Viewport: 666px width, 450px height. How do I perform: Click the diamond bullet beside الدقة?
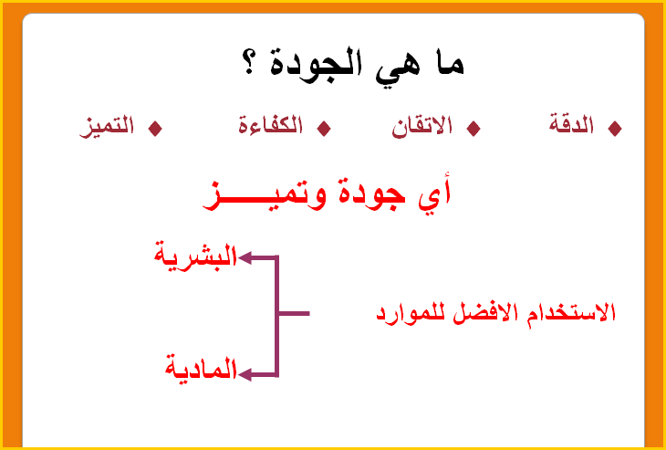pyautogui.click(x=615, y=129)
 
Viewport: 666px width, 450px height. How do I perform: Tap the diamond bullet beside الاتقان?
pyautogui.click(x=473, y=129)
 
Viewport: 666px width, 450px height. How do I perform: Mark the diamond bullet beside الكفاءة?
pyautogui.click(x=324, y=129)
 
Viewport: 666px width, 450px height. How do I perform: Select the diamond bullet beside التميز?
pyautogui.click(x=155, y=129)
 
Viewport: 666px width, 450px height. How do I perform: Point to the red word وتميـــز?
pyautogui.click(x=265, y=196)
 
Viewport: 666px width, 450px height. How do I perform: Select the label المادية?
pyautogui.click(x=201, y=369)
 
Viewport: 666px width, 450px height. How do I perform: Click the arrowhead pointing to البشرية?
pyautogui.click(x=245, y=257)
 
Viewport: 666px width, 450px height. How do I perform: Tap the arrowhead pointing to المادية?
pyautogui.click(x=245, y=374)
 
